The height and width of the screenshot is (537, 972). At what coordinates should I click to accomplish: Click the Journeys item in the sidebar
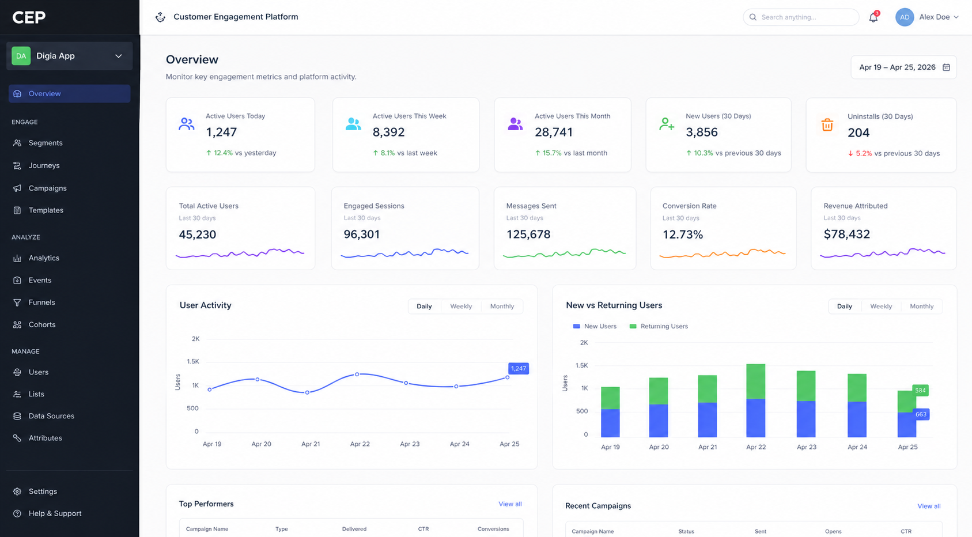tap(44, 165)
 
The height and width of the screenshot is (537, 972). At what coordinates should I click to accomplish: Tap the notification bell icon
tap(873, 17)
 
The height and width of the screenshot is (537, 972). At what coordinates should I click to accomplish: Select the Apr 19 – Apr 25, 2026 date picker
tap(903, 67)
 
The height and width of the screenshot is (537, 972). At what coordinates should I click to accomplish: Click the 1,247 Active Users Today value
tap(221, 133)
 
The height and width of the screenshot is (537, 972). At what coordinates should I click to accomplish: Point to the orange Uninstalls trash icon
tap(827, 124)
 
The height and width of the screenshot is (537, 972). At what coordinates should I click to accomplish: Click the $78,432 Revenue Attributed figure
tap(846, 235)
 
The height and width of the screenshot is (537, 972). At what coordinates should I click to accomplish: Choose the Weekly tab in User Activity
tap(460, 307)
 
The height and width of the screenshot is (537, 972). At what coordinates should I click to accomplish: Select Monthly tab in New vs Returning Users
tap(921, 307)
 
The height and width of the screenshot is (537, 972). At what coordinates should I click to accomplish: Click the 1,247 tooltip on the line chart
tap(518, 369)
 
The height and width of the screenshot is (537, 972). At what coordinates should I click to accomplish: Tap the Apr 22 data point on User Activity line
tap(357, 375)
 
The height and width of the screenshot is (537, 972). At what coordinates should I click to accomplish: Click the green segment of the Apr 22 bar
tap(755, 381)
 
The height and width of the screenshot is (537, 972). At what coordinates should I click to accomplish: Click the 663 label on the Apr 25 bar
tap(921, 414)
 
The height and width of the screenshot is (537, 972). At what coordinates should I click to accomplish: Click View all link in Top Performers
tap(510, 504)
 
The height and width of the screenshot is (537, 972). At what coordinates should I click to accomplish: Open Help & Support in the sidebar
tap(55, 513)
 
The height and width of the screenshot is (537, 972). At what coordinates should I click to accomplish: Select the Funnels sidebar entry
tap(41, 302)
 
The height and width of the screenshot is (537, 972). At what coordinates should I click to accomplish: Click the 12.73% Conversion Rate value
tap(682, 235)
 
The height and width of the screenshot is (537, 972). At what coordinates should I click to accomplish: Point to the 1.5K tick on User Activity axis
tap(193, 362)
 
